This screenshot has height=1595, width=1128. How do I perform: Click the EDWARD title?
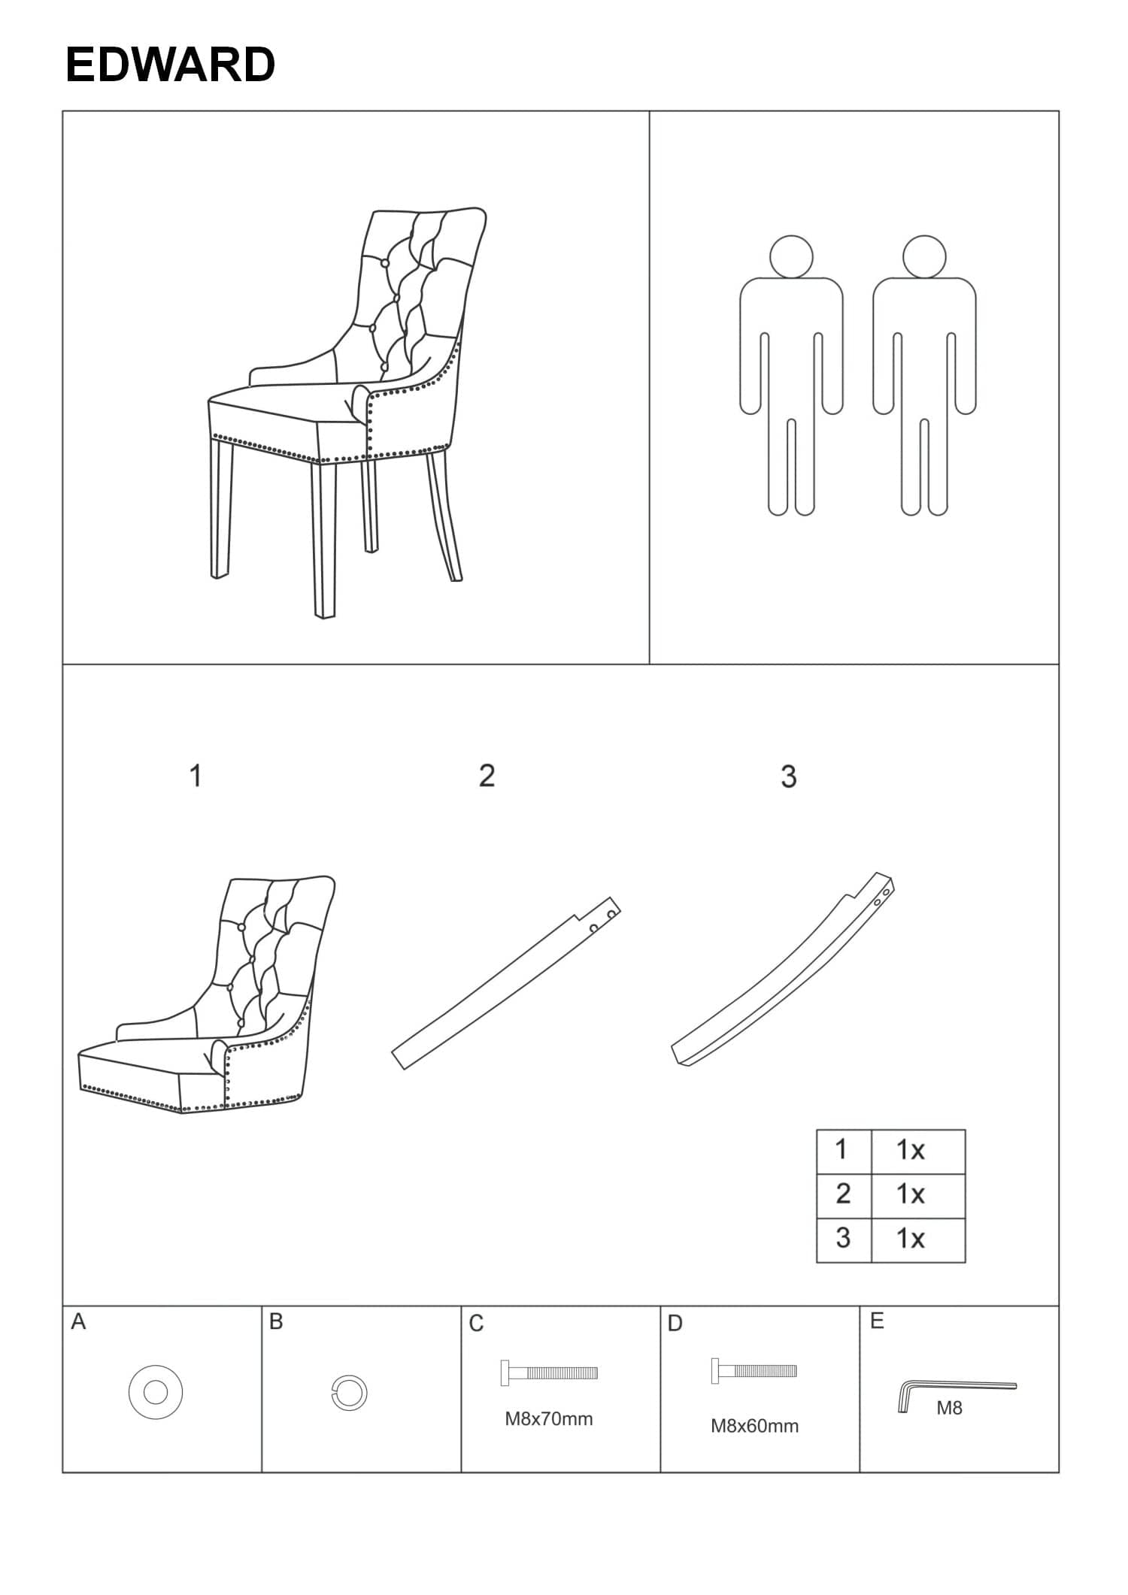coord(170,64)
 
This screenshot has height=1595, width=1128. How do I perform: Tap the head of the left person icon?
coord(791,256)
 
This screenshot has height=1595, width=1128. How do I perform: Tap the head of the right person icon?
coord(924,256)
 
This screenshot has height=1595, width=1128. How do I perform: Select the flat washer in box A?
coord(156,1392)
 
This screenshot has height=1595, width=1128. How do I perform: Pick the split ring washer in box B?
coord(350,1393)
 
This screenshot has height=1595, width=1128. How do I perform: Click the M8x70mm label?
coord(549,1419)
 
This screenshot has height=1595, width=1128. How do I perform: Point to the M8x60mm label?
coord(755,1426)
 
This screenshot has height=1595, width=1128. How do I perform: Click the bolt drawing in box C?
coord(549,1373)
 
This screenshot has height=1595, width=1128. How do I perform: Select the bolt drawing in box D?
coord(754,1371)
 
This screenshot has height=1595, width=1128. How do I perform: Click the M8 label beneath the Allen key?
coord(949,1409)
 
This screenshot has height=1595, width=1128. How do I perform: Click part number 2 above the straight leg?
coord(487,776)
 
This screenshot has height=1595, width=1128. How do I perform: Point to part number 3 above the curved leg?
coord(788,776)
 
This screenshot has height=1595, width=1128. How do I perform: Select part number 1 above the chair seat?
coord(196,776)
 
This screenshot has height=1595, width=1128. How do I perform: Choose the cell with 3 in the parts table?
coord(844,1238)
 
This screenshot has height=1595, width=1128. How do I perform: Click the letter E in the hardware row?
coord(877,1321)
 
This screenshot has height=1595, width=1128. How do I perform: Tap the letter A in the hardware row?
coord(78,1321)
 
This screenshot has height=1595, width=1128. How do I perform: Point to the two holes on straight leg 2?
coord(603,921)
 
